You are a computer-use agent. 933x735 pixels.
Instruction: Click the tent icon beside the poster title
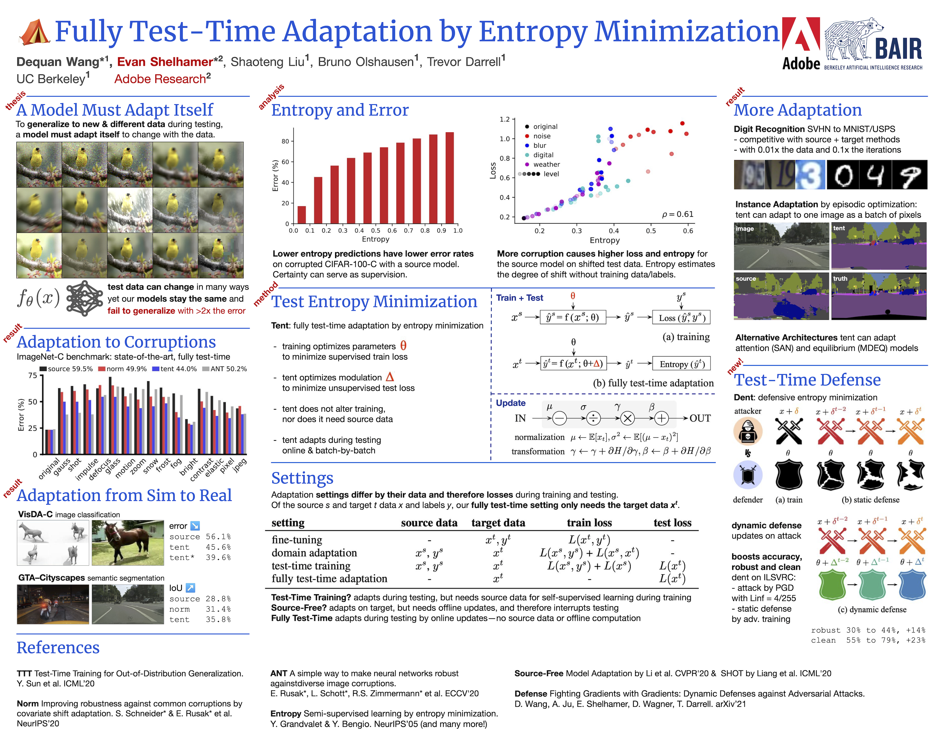point(35,32)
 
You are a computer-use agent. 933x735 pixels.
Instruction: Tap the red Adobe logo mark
point(800,35)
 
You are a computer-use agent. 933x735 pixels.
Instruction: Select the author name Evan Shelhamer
point(165,62)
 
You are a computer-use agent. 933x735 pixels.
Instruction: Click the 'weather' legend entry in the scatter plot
point(546,164)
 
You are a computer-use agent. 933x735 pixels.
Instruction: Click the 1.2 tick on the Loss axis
point(504,119)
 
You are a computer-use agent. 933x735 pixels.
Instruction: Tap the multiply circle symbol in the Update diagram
point(628,418)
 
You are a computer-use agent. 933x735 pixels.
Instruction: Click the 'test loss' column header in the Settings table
point(672,523)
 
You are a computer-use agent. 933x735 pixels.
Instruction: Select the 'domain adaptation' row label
point(314,553)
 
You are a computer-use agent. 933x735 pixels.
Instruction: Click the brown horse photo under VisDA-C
point(128,542)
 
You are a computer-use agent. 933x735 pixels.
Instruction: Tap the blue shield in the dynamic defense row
point(912,585)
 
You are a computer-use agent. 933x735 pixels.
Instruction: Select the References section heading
point(58,648)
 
